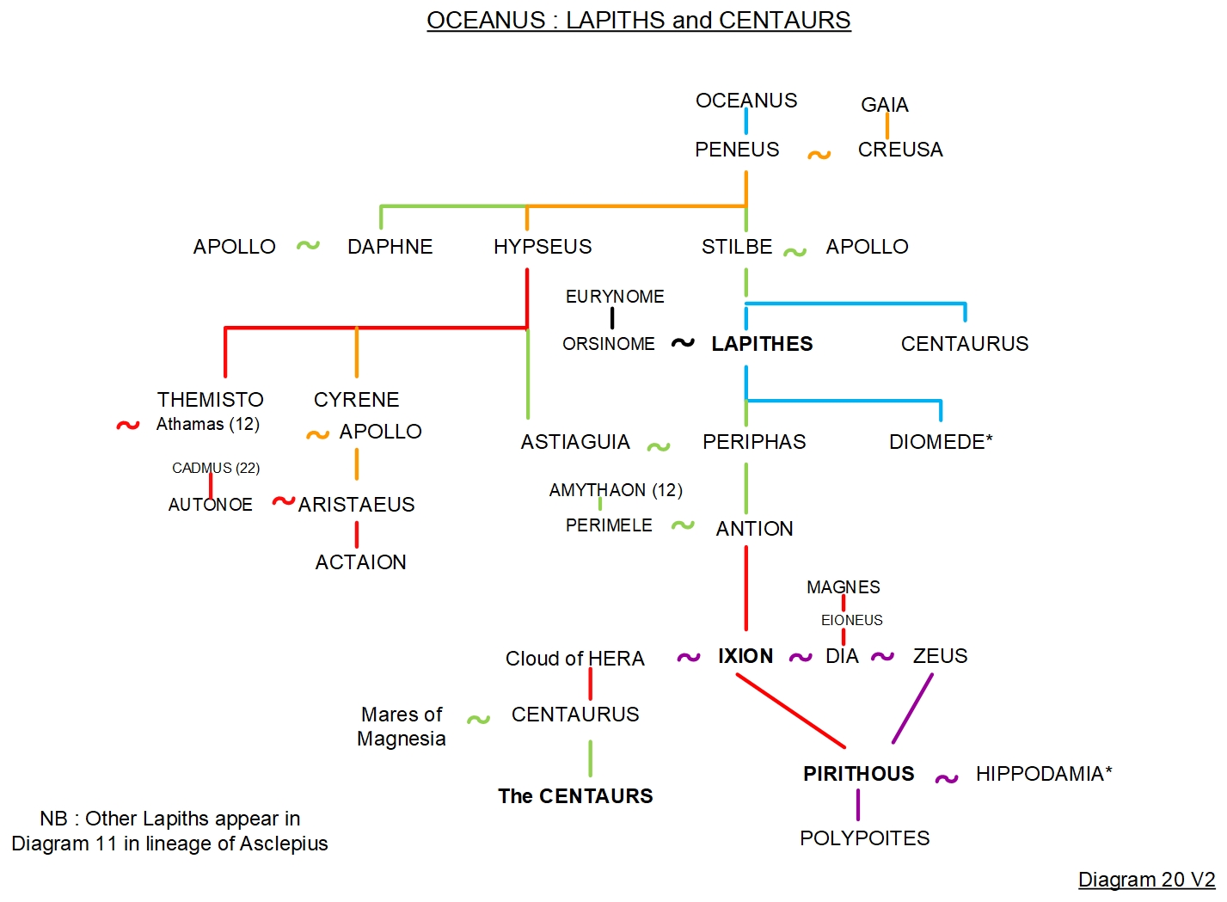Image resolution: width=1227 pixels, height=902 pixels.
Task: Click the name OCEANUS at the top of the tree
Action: point(745,101)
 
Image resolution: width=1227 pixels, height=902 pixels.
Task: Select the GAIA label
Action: point(884,105)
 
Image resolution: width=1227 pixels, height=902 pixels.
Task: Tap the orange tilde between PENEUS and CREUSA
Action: point(819,155)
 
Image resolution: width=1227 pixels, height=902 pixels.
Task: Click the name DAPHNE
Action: point(390,247)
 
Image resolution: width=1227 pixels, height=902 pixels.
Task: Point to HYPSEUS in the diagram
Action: point(542,247)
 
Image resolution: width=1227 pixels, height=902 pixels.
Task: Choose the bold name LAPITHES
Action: point(762,344)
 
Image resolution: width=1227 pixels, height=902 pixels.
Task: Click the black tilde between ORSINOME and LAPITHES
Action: point(683,342)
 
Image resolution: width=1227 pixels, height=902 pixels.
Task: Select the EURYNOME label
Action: point(614,297)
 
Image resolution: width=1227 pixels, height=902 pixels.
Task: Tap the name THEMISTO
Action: point(210,400)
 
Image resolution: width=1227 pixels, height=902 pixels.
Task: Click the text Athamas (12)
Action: point(207,424)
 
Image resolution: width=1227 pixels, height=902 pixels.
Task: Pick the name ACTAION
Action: point(360,562)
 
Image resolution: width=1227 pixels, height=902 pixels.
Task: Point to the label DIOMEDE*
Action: point(941,442)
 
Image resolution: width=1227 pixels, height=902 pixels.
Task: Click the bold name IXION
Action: point(745,656)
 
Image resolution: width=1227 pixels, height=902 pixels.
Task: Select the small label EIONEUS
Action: point(851,620)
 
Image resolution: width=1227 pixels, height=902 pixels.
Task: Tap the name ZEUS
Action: point(940,656)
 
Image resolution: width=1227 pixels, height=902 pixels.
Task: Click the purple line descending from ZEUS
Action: point(912,709)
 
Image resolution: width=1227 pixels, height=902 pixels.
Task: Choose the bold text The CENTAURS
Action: point(575,796)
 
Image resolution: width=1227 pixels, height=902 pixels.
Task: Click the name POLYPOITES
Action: point(864,838)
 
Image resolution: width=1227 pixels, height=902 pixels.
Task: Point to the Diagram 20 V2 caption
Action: point(1146,880)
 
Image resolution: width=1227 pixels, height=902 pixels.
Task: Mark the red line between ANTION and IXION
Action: point(745,589)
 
